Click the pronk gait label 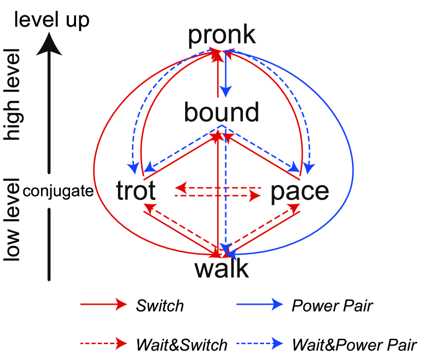222,35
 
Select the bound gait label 221,112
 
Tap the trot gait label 136,191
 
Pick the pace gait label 300,191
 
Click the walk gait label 222,269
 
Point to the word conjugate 58,191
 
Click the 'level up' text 52,19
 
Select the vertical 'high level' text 12,94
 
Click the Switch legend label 159,306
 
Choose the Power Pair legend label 332,306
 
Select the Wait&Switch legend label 181,344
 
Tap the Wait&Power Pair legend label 354,344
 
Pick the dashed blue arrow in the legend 259,344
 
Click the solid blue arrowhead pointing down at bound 226,91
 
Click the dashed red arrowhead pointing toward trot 181,188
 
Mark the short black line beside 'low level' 49,244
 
